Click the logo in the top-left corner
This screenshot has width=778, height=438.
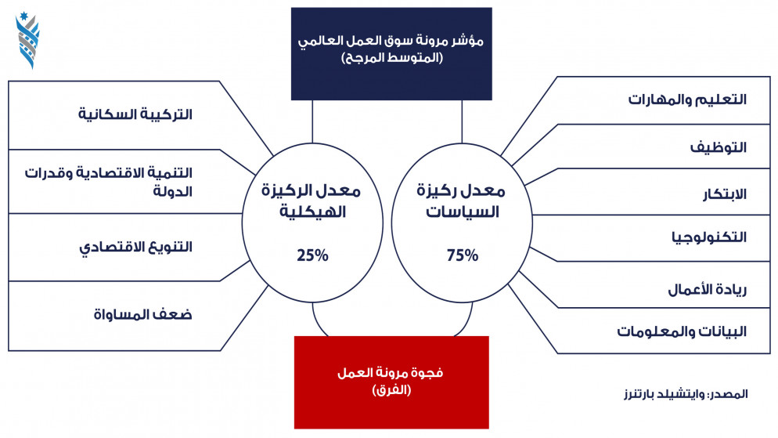[x=28, y=40]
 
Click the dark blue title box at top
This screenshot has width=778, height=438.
[x=391, y=53]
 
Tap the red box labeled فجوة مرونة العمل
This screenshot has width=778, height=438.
[x=391, y=382]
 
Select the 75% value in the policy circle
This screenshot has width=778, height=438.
[x=463, y=255]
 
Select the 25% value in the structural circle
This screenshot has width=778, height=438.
[x=312, y=255]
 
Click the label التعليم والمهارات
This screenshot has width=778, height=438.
[x=688, y=100]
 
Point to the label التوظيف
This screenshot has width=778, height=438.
[x=719, y=147]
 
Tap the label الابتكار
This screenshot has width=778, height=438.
[x=725, y=194]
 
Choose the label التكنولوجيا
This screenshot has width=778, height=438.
[x=710, y=237]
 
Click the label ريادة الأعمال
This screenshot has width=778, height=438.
[x=708, y=289]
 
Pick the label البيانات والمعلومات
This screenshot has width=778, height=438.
[x=682, y=331]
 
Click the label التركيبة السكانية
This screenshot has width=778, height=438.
[x=135, y=114]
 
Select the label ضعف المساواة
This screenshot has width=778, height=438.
[x=143, y=314]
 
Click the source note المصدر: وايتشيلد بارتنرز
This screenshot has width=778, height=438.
[x=686, y=394]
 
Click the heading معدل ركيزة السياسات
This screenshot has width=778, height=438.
[x=462, y=201]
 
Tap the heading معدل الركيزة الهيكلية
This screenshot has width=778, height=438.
[x=312, y=201]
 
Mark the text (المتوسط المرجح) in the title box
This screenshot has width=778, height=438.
[x=392, y=58]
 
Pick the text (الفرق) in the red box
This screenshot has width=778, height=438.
[x=391, y=390]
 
